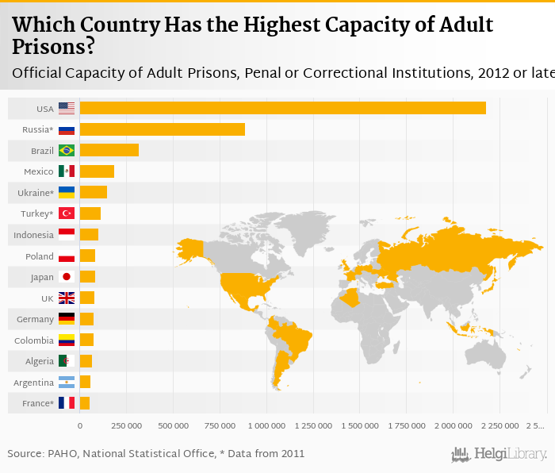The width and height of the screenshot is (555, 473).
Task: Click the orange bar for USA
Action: (282, 108)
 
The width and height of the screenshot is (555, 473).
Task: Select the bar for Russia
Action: (162, 129)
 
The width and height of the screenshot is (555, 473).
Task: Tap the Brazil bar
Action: (109, 150)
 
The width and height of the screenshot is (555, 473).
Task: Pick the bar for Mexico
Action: (97, 171)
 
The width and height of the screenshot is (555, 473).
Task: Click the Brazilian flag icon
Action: (67, 150)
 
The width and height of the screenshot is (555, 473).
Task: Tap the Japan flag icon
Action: (67, 277)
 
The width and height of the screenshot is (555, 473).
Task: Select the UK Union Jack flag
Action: (67, 298)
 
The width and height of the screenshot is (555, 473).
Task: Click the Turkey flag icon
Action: (67, 213)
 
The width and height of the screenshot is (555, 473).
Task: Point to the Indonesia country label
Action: (33, 235)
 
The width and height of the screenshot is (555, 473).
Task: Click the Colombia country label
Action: (33, 340)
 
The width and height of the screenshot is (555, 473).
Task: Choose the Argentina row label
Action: (33, 383)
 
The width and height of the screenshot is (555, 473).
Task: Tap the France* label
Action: (37, 404)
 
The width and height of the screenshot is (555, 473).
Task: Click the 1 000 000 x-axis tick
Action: (266, 426)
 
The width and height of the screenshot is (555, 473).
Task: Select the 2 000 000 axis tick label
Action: (454, 426)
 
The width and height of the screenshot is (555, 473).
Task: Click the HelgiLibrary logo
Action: (499, 455)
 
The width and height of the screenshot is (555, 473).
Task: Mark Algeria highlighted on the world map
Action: (349, 299)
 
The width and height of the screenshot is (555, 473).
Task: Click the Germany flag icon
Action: (67, 319)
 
